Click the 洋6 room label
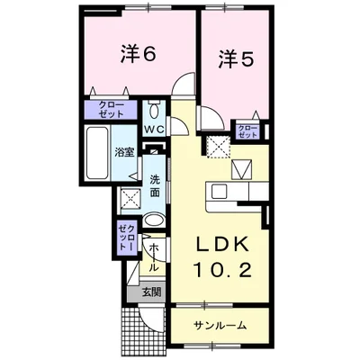[139, 54]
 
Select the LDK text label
[222, 245]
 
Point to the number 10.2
[222, 270]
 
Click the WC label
[154, 130]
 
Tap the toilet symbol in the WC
[155, 110]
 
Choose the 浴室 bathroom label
[124, 152]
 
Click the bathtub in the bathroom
[97, 153]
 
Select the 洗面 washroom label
[155, 186]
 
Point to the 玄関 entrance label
[151, 292]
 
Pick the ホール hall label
[154, 258]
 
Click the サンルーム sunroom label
[220, 325]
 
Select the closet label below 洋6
[111, 110]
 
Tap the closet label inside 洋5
[247, 131]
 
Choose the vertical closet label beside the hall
[127, 238]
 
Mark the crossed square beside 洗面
[131, 199]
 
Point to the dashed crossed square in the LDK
[220, 147]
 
